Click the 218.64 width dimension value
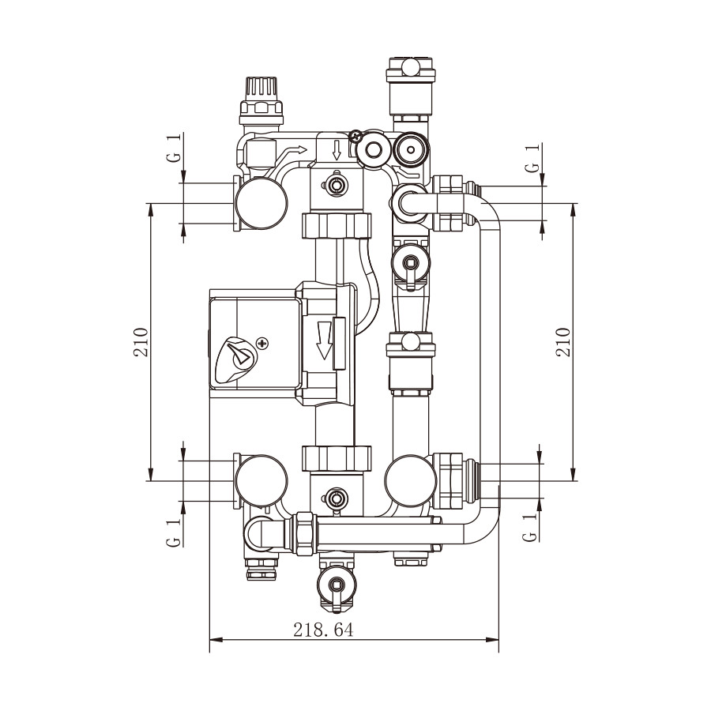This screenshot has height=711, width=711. coord(323,630)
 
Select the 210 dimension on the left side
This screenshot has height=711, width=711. coord(141,342)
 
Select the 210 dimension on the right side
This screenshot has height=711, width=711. coord(563,342)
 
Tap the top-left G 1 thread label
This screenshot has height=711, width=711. coord(175,147)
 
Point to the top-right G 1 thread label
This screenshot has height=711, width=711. coord(533,158)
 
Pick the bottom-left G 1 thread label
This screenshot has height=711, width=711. coord(174,532)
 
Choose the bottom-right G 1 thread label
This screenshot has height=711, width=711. coord(529,527)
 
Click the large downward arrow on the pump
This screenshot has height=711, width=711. coord(324,340)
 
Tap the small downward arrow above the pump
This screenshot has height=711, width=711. coord(337,150)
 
